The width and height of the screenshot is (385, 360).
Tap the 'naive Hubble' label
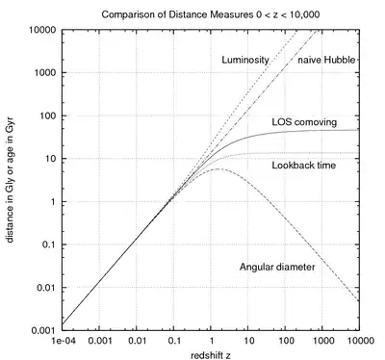[x=327, y=61]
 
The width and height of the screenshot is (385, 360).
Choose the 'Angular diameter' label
[x=276, y=265]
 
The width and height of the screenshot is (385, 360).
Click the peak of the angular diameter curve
[x=218, y=169]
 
